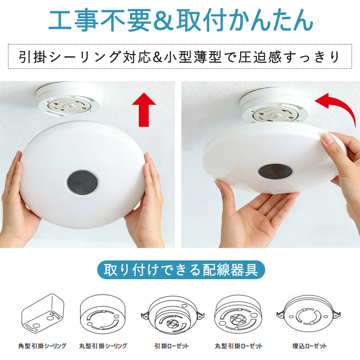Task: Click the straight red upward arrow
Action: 144,110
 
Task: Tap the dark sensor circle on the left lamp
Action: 82,182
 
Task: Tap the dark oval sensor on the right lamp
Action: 275,171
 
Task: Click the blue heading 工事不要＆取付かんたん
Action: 181,20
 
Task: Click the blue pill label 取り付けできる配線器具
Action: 181,270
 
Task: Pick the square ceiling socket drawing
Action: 43,313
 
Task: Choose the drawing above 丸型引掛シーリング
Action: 103,314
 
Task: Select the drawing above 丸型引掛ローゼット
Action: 238,314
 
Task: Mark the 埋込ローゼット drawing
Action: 308,314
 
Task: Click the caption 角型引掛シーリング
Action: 42,346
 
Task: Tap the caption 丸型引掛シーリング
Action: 103,346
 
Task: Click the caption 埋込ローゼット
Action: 310,346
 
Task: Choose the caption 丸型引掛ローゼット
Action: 239,346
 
